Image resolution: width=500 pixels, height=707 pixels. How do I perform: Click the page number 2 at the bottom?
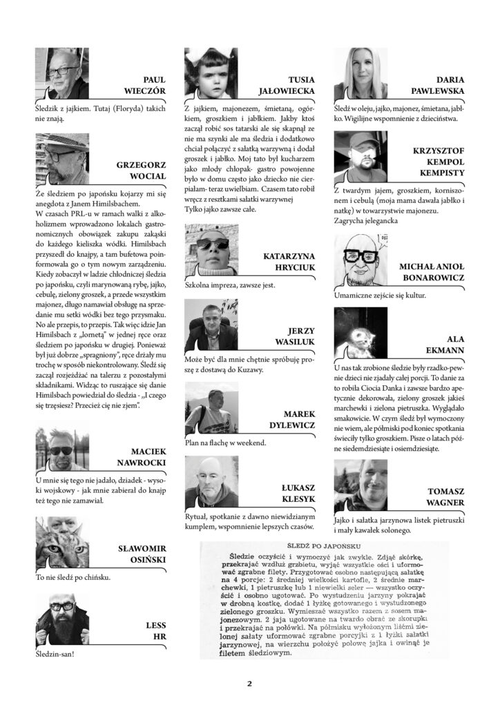[250, 684]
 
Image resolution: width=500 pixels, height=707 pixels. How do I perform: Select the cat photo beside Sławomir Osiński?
[62, 542]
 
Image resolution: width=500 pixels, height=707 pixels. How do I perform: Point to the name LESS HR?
[156, 630]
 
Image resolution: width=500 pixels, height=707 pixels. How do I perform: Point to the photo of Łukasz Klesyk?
[211, 481]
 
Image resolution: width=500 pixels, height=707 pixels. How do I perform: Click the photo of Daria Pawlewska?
[360, 75]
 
